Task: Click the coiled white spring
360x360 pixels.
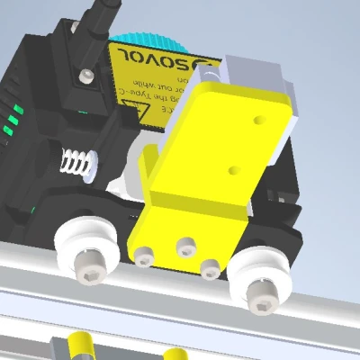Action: (76, 164)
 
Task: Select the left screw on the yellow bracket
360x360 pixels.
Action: (145, 257)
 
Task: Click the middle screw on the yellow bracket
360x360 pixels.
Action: (185, 244)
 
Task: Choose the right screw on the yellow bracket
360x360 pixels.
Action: (211, 266)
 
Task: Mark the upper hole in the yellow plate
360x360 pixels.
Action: (260, 118)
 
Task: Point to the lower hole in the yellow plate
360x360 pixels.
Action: (235, 169)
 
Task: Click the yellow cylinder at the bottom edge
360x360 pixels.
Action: (76, 346)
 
